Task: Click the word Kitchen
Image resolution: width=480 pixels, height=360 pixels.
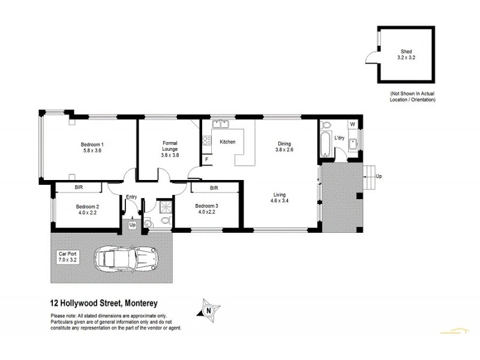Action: (227, 142)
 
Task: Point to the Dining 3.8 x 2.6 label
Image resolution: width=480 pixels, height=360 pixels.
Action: (284, 146)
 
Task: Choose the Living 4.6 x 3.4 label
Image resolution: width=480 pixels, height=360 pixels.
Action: (280, 198)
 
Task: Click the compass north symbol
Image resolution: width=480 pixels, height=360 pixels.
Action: (207, 309)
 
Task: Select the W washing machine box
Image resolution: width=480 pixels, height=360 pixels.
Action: (353, 125)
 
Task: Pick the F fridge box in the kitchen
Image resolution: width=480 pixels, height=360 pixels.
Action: (206, 160)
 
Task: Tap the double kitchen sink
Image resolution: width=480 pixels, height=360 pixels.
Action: (220, 125)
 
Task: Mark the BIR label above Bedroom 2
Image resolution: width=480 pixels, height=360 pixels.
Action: (79, 188)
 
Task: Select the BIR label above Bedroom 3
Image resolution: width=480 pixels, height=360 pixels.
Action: (214, 188)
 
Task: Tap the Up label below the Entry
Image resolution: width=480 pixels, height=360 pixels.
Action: (132, 224)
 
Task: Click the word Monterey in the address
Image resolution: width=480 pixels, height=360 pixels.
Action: (140, 304)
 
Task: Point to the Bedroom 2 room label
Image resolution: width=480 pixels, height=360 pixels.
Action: (87, 209)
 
